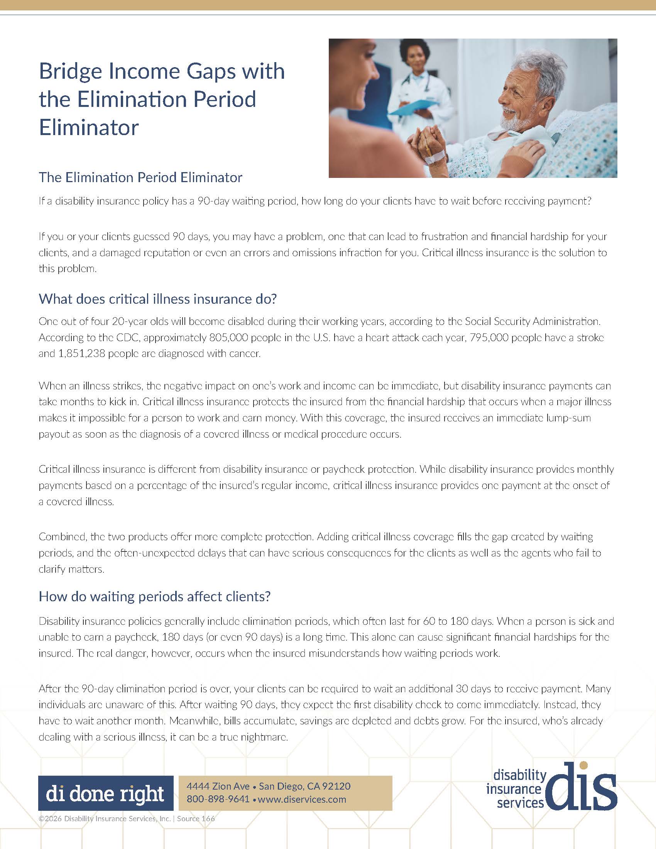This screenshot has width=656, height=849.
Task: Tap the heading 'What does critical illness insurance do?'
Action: [x=157, y=299]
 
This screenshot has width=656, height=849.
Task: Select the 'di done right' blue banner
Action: [x=105, y=793]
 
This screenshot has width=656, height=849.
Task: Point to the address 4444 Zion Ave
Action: [x=218, y=786]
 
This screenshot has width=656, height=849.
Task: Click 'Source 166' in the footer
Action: [x=196, y=819]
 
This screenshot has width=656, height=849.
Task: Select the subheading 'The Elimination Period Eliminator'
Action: [x=140, y=177]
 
